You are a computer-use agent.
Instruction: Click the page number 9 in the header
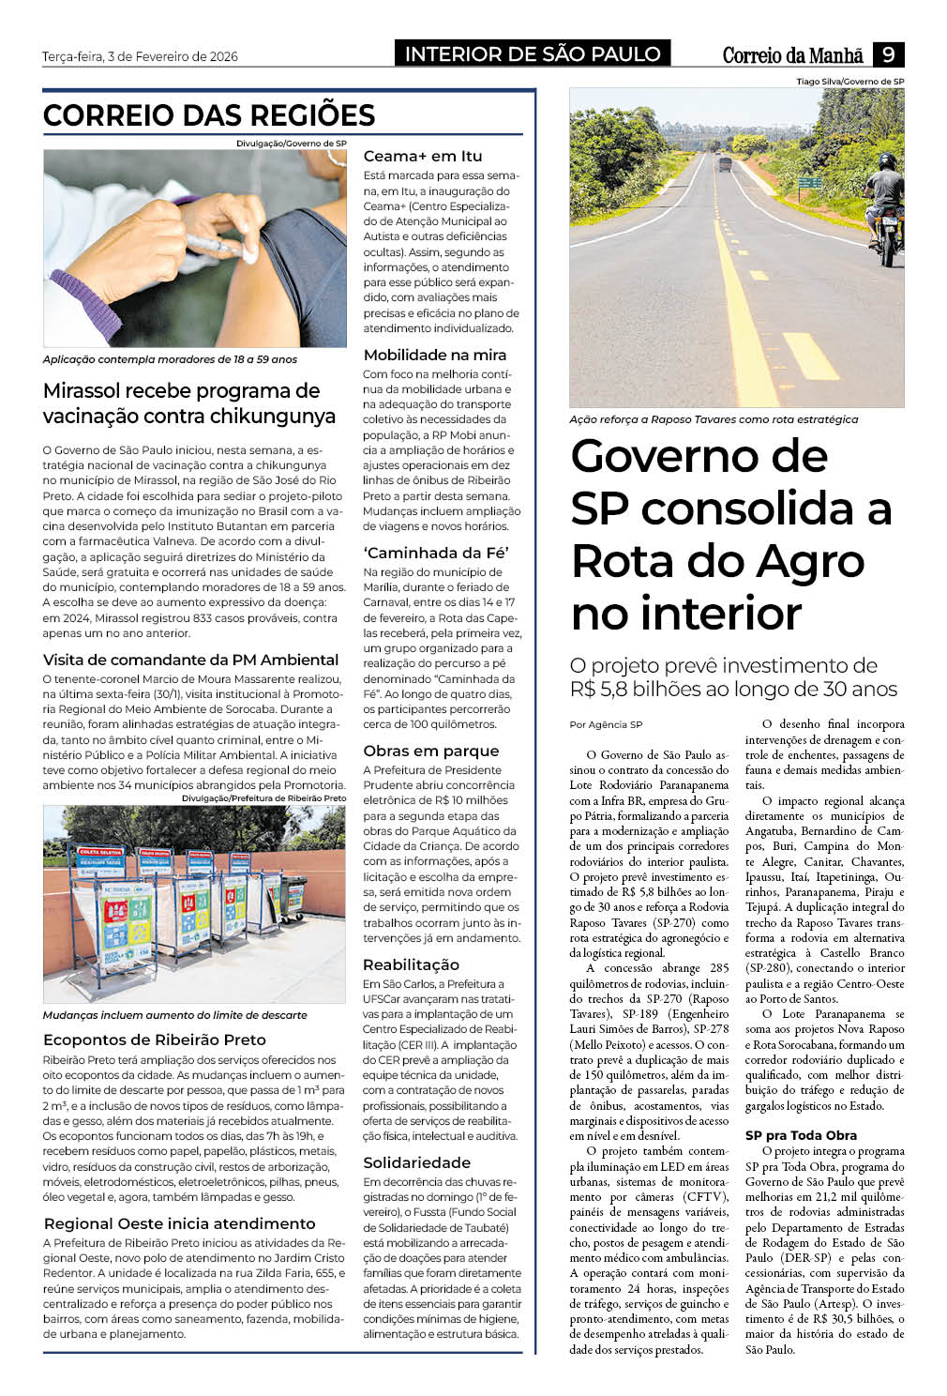click(x=888, y=54)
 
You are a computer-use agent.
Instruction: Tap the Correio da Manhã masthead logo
click(x=794, y=55)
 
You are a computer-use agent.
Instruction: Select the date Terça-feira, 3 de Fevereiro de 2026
click(x=140, y=56)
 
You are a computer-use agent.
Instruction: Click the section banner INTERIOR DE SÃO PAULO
click(x=532, y=54)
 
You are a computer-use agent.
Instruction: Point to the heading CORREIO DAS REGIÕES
click(x=209, y=115)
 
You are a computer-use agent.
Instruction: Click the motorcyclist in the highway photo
click(x=884, y=211)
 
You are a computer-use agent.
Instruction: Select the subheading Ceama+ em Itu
click(x=423, y=156)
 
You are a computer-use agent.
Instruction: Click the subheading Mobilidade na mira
click(x=434, y=355)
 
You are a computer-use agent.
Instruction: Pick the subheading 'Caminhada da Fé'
click(x=436, y=553)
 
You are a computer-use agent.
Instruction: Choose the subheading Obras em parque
click(x=430, y=751)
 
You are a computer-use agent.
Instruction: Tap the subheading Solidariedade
click(x=416, y=1162)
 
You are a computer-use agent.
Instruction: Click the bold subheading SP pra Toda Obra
click(x=801, y=1135)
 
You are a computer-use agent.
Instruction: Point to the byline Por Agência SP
click(x=606, y=724)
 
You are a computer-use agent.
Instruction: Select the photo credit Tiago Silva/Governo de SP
click(x=849, y=82)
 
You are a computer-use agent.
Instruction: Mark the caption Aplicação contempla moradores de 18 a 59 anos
click(x=170, y=359)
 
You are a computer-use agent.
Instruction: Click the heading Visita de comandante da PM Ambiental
click(x=190, y=660)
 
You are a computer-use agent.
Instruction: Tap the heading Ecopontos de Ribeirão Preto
click(x=155, y=1039)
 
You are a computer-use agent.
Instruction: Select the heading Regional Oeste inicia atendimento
click(x=179, y=1223)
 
